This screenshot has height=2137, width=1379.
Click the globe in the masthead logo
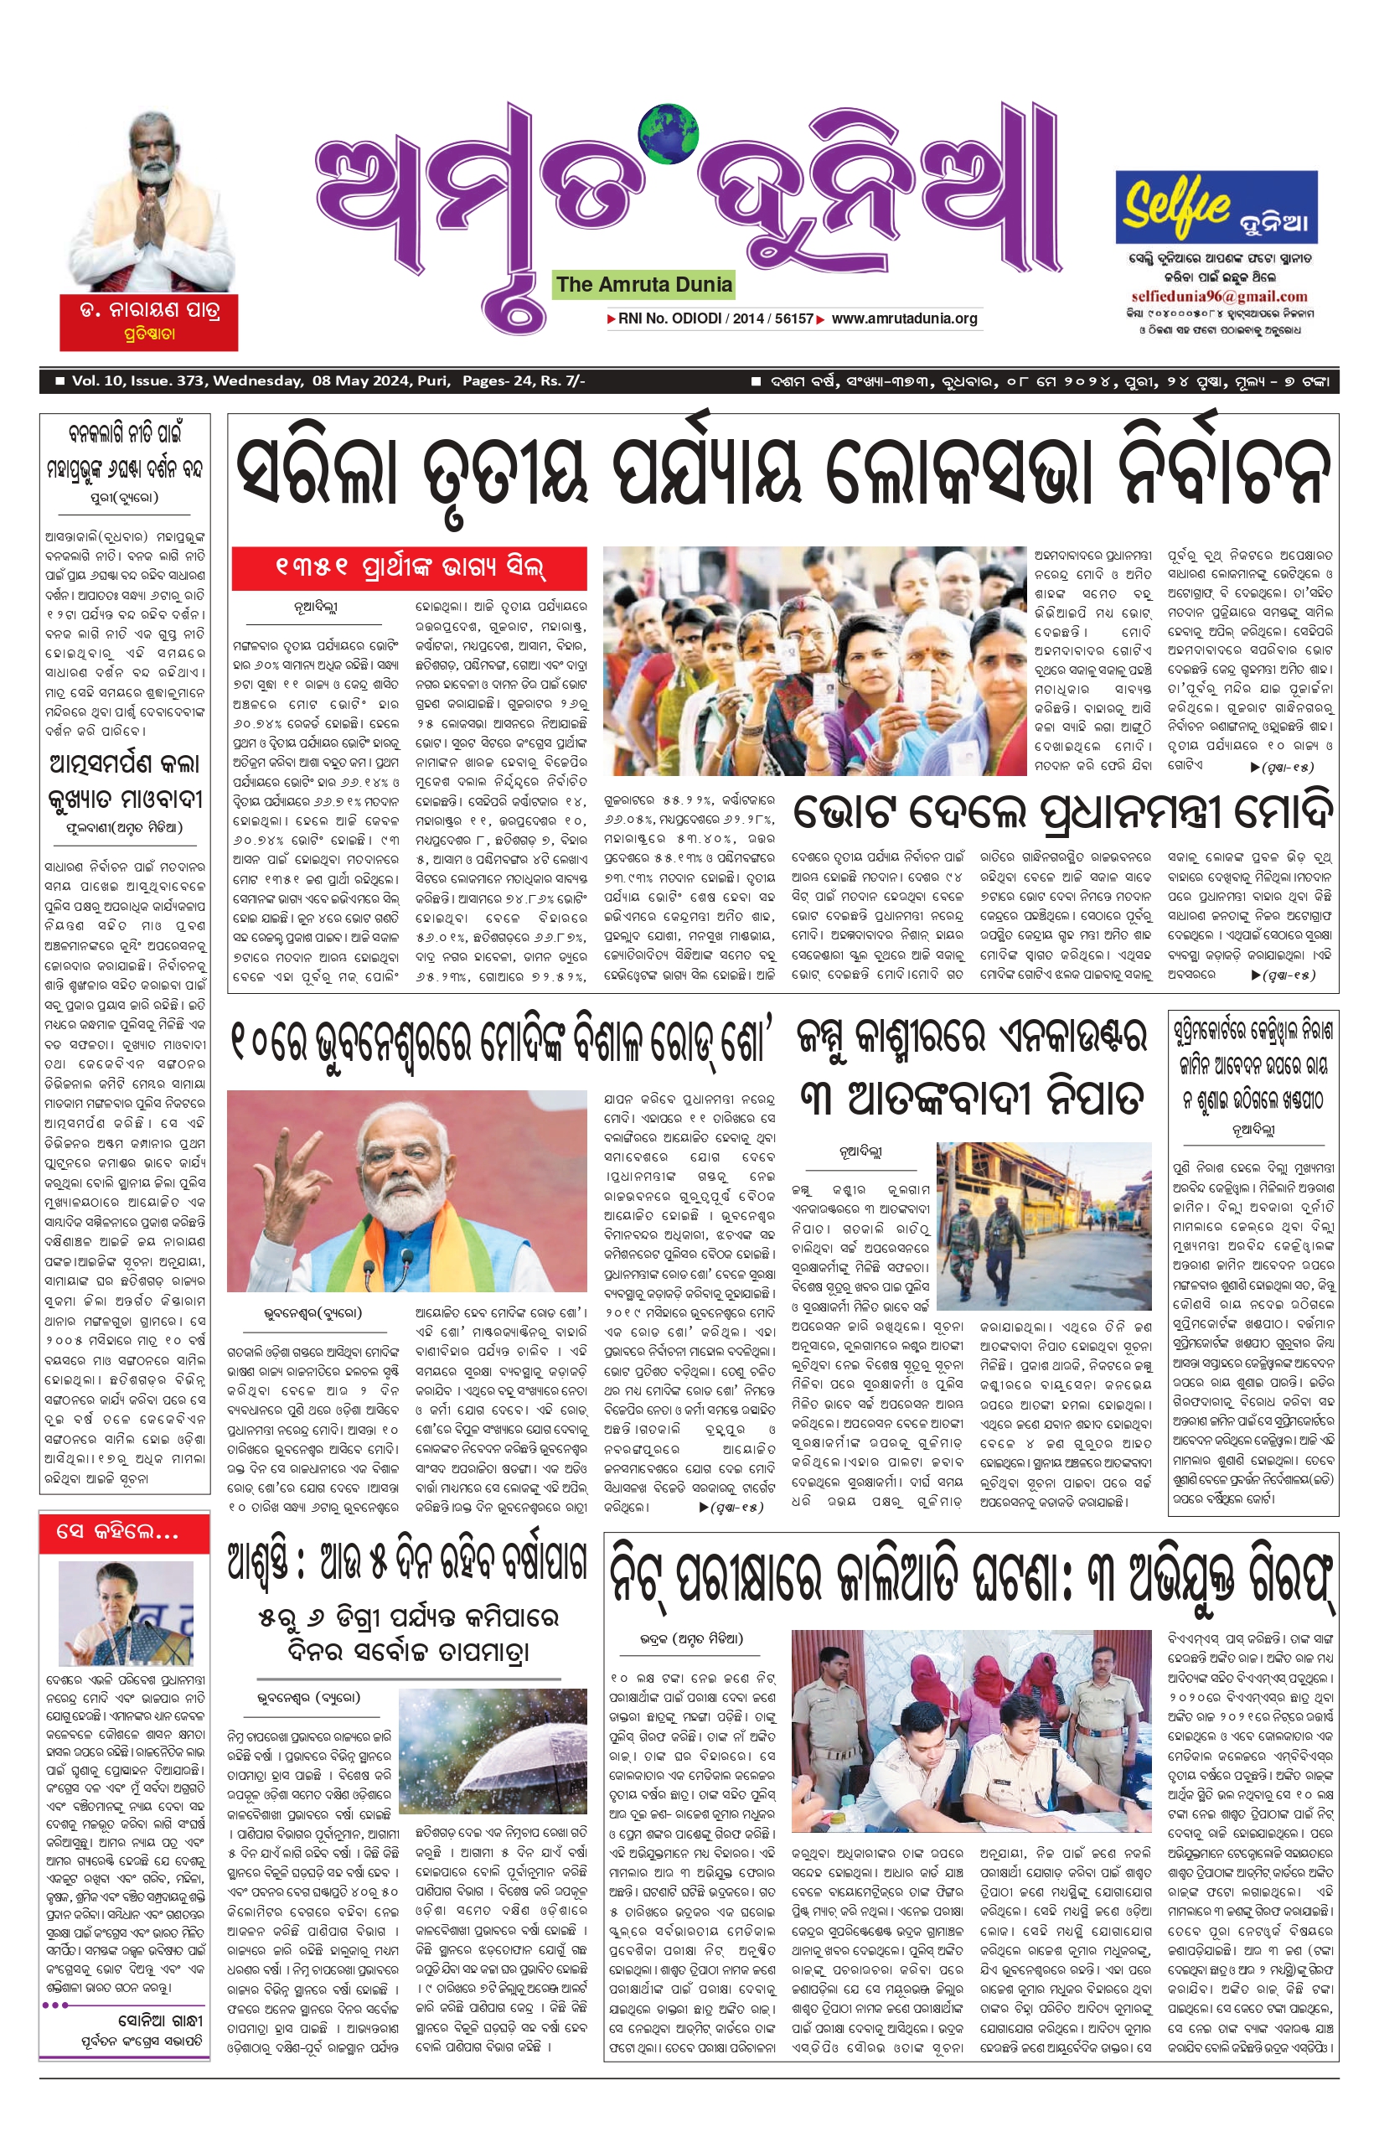tap(669, 135)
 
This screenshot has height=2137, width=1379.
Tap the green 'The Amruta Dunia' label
tap(643, 285)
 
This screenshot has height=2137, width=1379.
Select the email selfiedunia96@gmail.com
tap(1219, 297)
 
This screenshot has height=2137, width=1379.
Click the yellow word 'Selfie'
tap(1176, 205)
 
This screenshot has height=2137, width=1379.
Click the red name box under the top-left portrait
tap(148, 322)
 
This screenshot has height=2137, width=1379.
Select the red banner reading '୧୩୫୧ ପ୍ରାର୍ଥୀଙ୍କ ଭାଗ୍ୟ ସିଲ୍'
tap(409, 568)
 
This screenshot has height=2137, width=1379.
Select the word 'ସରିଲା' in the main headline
tap(317, 472)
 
